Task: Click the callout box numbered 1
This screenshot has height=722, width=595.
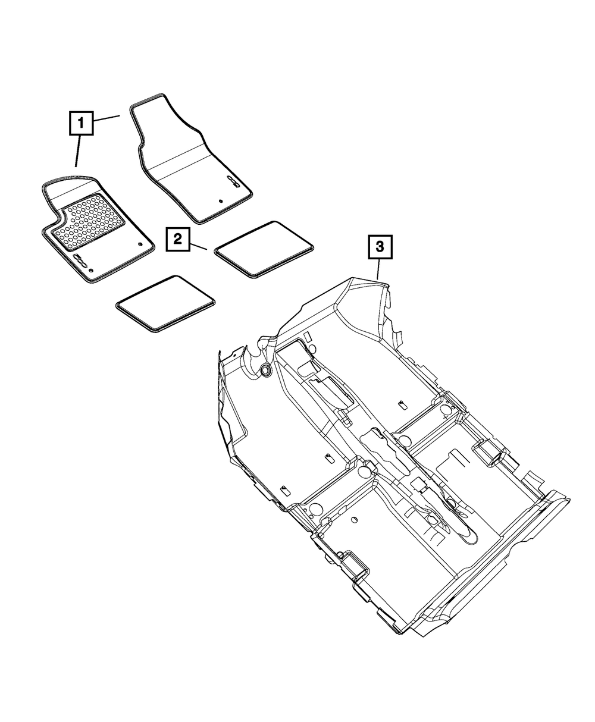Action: tap(80, 124)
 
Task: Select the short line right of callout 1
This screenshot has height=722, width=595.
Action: tap(107, 118)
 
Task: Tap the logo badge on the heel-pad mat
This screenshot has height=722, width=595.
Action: tap(80, 260)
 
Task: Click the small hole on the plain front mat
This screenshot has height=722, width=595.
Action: tap(221, 202)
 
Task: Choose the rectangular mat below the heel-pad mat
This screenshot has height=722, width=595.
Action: tap(165, 302)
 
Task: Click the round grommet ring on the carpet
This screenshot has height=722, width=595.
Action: tap(265, 371)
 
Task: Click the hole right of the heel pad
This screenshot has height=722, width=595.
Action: tap(139, 243)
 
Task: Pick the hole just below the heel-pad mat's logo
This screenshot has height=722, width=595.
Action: tap(90, 271)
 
